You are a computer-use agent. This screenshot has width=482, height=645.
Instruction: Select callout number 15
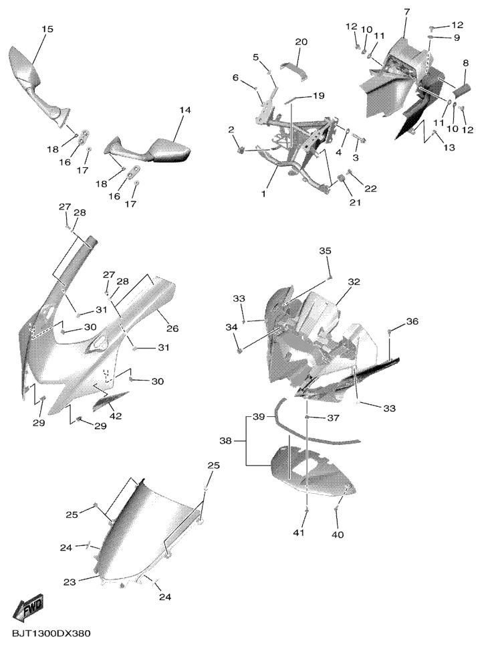[47, 29]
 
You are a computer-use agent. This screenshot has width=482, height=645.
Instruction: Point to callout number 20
[301, 42]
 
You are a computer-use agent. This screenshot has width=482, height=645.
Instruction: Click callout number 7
[406, 13]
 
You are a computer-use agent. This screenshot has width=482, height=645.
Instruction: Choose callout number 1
[264, 194]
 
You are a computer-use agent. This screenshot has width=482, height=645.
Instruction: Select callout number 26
[172, 329]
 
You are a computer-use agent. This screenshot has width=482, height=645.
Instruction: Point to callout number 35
[325, 251]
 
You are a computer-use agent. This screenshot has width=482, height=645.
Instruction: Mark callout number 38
[226, 441]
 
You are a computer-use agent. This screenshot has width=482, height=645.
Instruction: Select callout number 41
[299, 533]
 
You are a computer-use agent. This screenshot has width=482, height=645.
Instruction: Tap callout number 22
[370, 189]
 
